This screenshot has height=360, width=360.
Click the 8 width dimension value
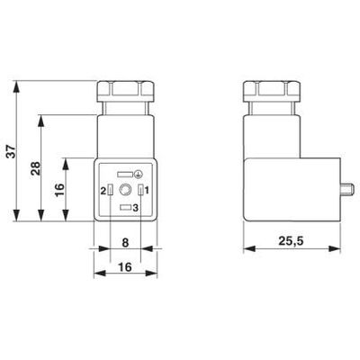125,241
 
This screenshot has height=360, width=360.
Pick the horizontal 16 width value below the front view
125,266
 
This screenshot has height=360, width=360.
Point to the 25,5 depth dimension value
289,240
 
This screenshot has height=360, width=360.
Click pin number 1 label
146,190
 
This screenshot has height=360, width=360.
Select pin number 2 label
104,190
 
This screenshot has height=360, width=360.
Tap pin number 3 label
135,209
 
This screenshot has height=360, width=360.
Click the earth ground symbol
138,174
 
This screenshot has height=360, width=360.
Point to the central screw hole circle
125,190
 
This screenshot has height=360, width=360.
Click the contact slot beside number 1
139,190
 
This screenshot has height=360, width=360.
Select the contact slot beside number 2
112,190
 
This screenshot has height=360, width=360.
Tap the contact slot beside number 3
125,209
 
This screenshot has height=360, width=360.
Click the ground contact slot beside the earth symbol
125,174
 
